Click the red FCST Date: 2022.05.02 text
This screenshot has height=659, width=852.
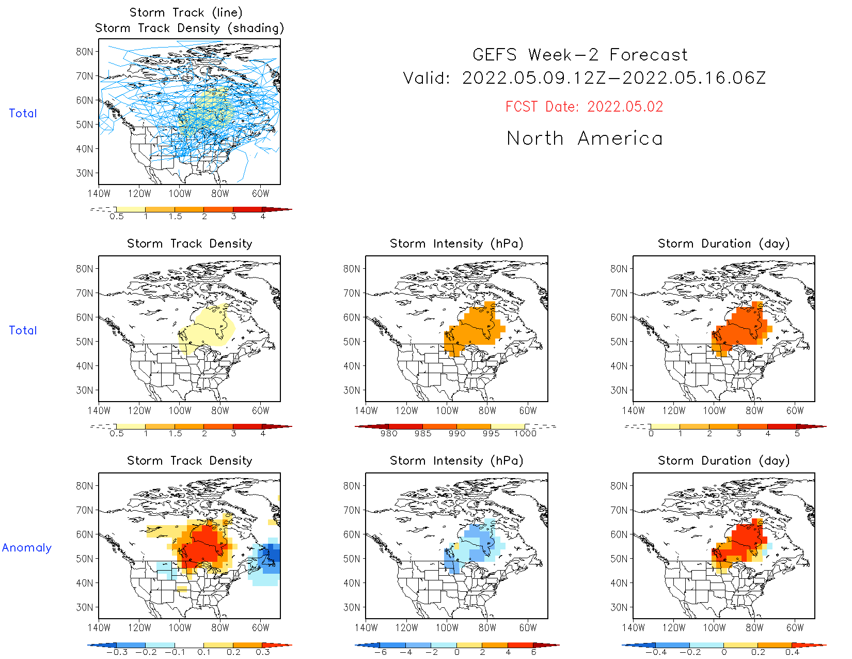coord(584,106)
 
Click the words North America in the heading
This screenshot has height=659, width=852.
coord(584,139)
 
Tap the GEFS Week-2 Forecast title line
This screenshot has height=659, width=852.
coord(580,55)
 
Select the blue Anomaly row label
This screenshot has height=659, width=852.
coord(27,547)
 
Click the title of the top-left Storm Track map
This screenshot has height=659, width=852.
coord(189,20)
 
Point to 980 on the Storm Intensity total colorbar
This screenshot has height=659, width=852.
coord(388,434)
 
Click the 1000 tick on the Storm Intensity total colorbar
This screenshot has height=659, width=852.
coord(525,434)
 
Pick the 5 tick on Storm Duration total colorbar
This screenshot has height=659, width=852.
coord(797,434)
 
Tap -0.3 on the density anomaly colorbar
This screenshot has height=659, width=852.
coord(117,652)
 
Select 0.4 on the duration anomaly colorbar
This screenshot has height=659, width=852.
coord(792,652)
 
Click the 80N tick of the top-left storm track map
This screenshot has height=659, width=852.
coord(85,52)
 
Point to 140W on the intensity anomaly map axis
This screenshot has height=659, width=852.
coord(366,627)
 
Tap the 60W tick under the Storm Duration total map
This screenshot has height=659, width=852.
coord(795,410)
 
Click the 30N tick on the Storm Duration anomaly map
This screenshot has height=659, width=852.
coord(619,607)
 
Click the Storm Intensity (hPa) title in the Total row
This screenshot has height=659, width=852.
coord(456,243)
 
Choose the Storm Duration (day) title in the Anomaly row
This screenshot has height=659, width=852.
coord(723,461)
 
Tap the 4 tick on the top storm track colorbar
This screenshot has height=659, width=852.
coord(263,217)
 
